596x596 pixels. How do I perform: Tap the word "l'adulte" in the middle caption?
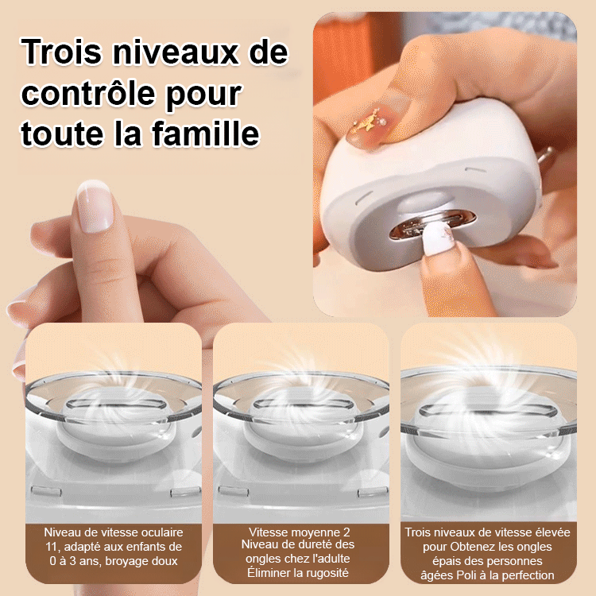tap(331, 559)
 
